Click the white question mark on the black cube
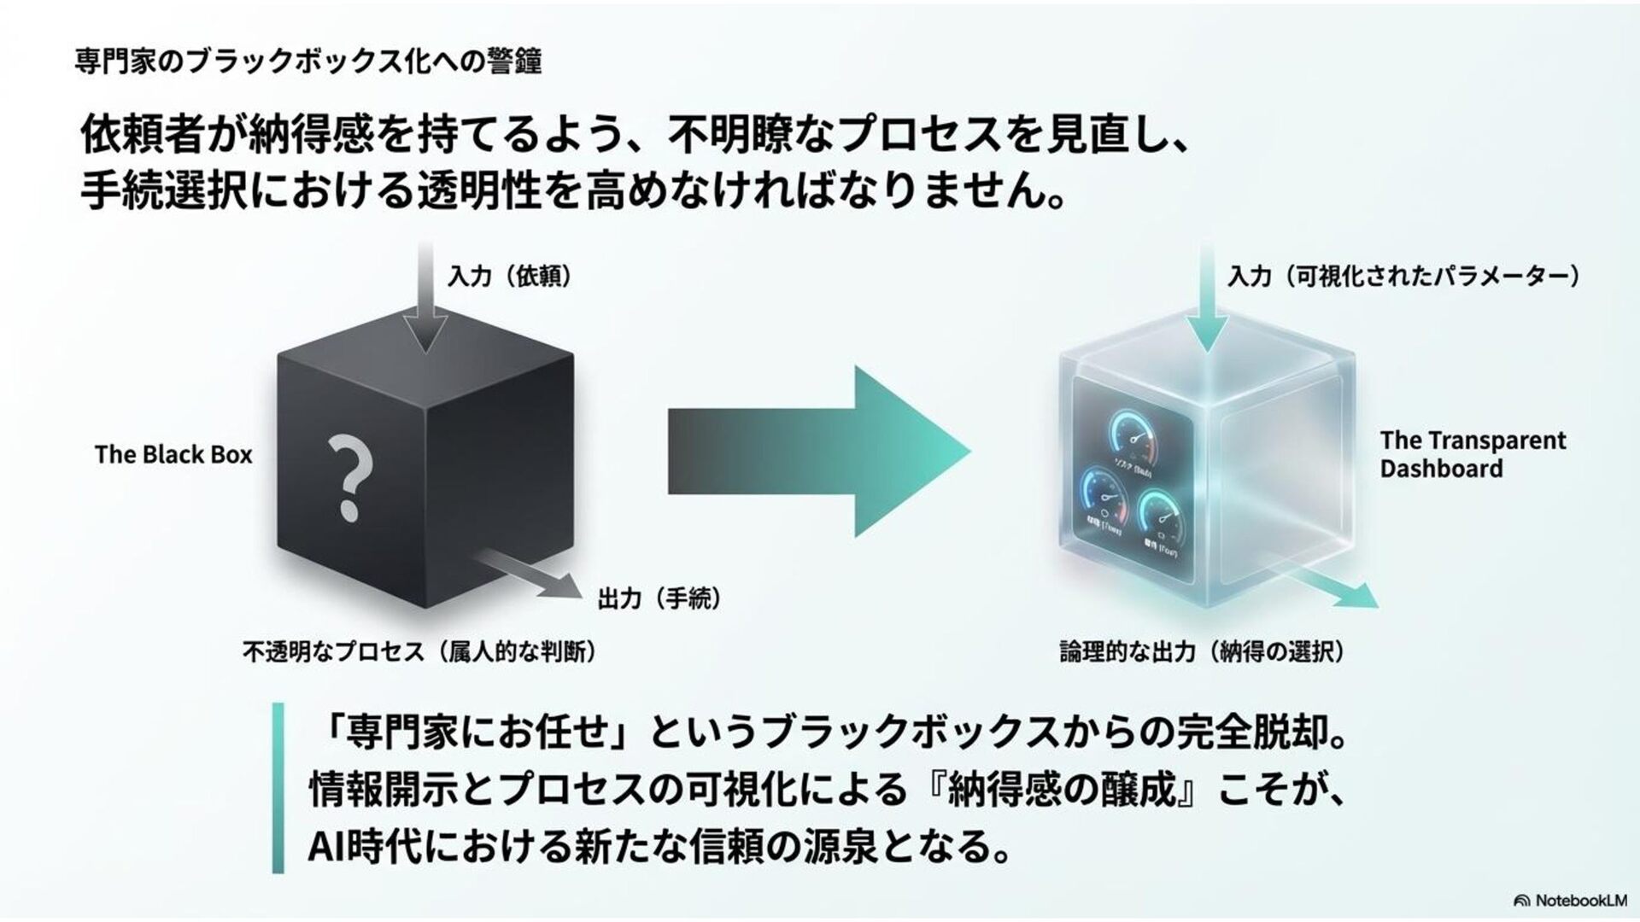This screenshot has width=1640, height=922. coord(348,476)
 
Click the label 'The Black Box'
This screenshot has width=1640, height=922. coord(173,454)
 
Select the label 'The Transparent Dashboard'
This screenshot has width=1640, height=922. coord(1472,454)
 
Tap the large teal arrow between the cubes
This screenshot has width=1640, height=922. coord(820,452)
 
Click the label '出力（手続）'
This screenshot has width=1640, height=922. coord(659,598)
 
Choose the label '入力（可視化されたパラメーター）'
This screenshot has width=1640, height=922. coord(1403,277)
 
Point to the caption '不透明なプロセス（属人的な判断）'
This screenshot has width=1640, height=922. coord(419,652)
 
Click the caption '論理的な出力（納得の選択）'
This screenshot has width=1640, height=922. coord(1202,652)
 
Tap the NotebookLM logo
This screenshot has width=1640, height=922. coord(1570,901)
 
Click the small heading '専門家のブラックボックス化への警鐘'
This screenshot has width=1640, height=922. coord(308,61)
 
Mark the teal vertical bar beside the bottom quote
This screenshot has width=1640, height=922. coord(278,787)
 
